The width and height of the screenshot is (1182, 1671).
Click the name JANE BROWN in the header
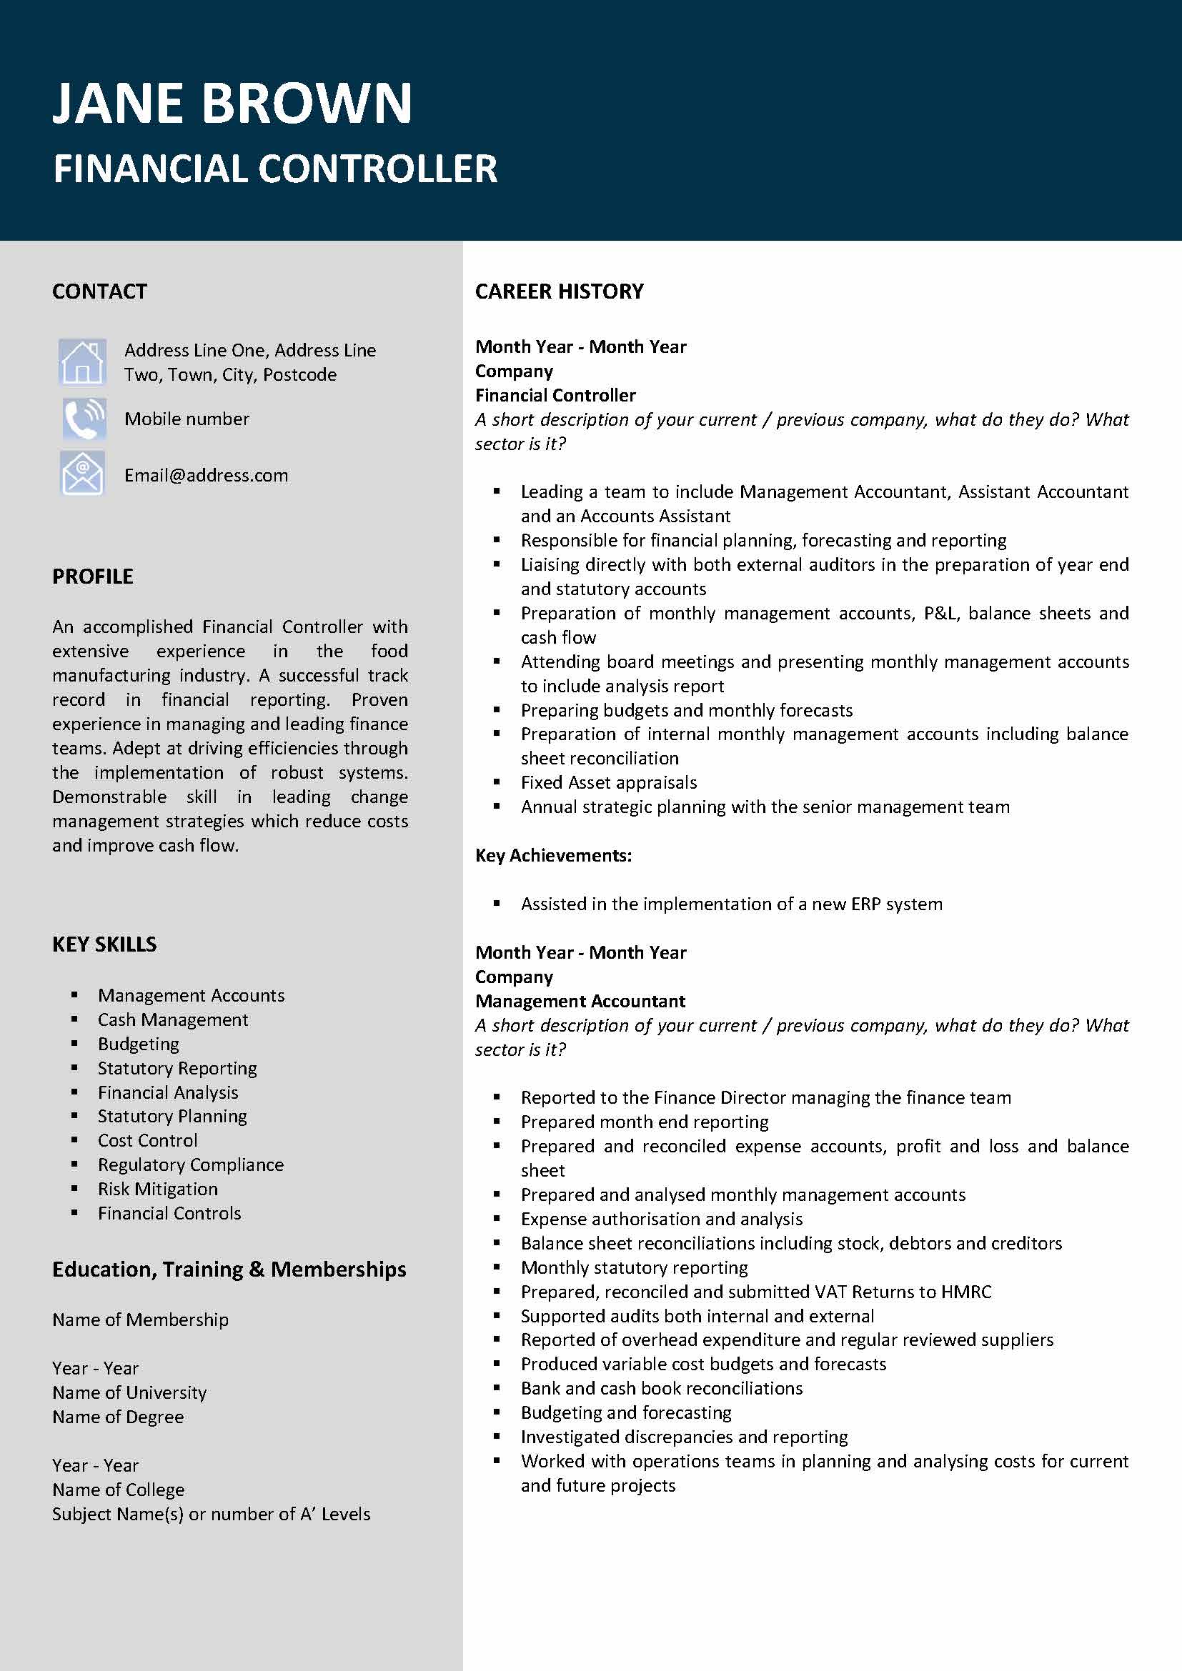pyautogui.click(x=232, y=104)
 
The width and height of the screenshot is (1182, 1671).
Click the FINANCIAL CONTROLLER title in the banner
pyautogui.click(x=275, y=169)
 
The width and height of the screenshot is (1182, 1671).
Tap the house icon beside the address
pyautogui.click(x=82, y=361)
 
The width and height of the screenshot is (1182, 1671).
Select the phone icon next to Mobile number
pyautogui.click(x=83, y=419)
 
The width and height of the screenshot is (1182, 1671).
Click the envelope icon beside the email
pyautogui.click(x=82, y=474)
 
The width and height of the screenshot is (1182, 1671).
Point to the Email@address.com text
pyautogui.click(x=206, y=475)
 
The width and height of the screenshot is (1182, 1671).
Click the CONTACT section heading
pyautogui.click(x=100, y=291)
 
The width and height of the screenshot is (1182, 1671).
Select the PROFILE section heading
pyautogui.click(x=92, y=577)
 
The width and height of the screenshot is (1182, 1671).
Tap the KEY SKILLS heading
pyautogui.click(x=104, y=944)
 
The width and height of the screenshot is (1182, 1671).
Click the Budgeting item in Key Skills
pyautogui.click(x=139, y=1044)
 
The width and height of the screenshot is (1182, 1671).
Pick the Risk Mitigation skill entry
pyautogui.click(x=158, y=1189)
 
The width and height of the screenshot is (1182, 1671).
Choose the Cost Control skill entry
pyautogui.click(x=148, y=1139)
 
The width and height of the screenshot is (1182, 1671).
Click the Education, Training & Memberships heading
pyautogui.click(x=229, y=1270)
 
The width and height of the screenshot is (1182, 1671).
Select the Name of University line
pyautogui.click(x=129, y=1392)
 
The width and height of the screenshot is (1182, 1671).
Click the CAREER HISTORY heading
pyautogui.click(x=559, y=291)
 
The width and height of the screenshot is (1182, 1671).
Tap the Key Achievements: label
pyautogui.click(x=553, y=855)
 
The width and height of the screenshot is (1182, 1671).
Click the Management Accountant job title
pyautogui.click(x=580, y=1001)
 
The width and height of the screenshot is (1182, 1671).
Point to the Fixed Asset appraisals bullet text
pyautogui.click(x=608, y=782)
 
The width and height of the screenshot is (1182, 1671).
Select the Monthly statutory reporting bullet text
pyautogui.click(x=634, y=1267)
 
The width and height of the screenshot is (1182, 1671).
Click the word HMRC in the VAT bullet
pyautogui.click(x=966, y=1291)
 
